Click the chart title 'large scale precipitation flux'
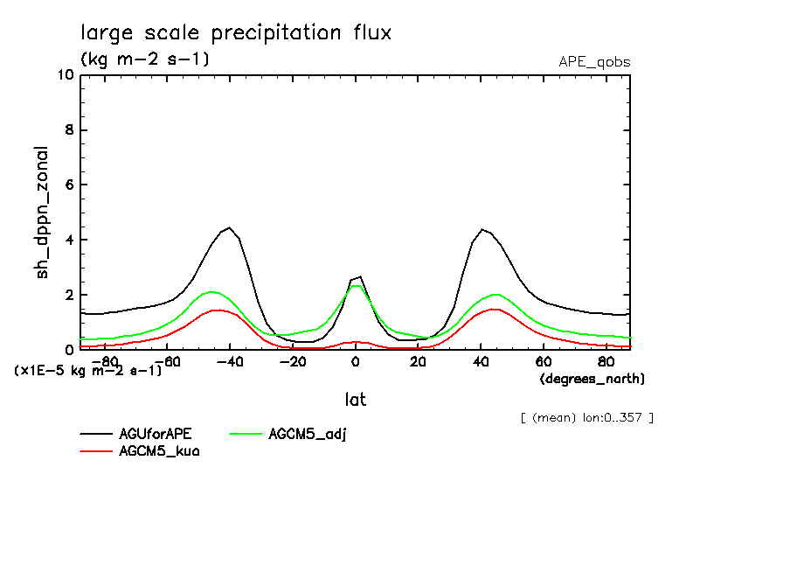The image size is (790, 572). coord(236,33)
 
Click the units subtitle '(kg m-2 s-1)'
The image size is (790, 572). coord(144,59)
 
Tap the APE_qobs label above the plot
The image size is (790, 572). coord(594,62)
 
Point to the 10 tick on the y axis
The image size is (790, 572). coord(64,75)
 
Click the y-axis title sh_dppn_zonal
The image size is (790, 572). coord(42,213)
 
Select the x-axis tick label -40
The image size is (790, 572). coord(230,362)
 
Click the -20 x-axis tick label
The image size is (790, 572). coord(293,362)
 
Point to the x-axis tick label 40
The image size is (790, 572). coord(481,362)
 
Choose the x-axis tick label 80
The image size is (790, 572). coord(606,362)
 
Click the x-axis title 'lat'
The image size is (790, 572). coord(355,400)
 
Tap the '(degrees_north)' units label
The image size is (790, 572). coord(592,379)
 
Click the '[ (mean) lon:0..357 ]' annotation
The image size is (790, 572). coord(586,417)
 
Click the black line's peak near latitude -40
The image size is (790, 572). coord(229,227)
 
